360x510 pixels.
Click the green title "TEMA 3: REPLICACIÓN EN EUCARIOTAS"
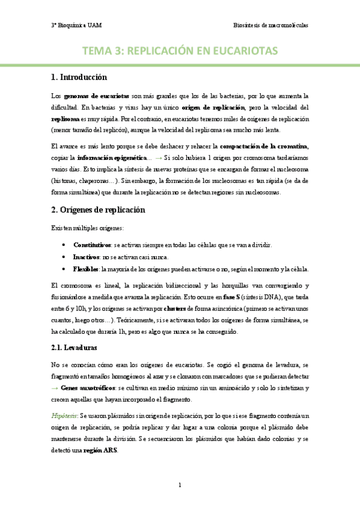click(x=180, y=51)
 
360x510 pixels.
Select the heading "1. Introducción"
click(x=79, y=78)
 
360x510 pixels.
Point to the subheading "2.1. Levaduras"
click(x=76, y=348)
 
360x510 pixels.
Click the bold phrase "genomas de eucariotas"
click(x=96, y=96)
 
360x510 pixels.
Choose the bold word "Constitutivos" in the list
click(x=92, y=245)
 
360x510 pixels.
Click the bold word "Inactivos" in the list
click(x=87, y=257)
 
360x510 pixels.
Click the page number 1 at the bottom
click(x=180, y=484)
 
